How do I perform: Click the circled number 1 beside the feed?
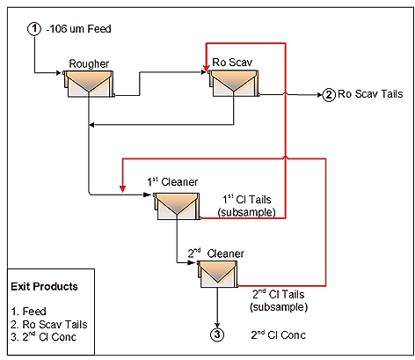[x=34, y=29]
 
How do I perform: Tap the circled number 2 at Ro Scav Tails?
[x=329, y=95]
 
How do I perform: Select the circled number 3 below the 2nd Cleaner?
[x=217, y=334]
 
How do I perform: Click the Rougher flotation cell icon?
[x=89, y=84]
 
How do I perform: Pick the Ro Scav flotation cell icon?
[x=234, y=83]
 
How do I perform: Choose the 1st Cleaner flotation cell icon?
[x=177, y=206]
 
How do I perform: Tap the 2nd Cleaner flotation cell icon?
[x=217, y=275]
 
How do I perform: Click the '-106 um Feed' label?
[x=78, y=29]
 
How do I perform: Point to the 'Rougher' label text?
[x=89, y=63]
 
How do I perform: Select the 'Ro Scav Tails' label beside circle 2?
[x=370, y=94]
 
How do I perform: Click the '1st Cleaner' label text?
[x=172, y=181]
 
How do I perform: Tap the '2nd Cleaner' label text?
[x=215, y=253]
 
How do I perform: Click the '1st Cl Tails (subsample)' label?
[x=247, y=206]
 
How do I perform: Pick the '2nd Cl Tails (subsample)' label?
[x=279, y=300]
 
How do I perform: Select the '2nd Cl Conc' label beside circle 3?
[x=278, y=334]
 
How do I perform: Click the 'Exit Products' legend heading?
[x=44, y=286]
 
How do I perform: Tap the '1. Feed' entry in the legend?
[x=28, y=311]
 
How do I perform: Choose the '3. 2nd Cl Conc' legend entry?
[x=43, y=337]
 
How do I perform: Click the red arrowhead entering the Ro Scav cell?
[x=207, y=68]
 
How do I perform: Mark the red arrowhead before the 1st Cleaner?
[x=123, y=189]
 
